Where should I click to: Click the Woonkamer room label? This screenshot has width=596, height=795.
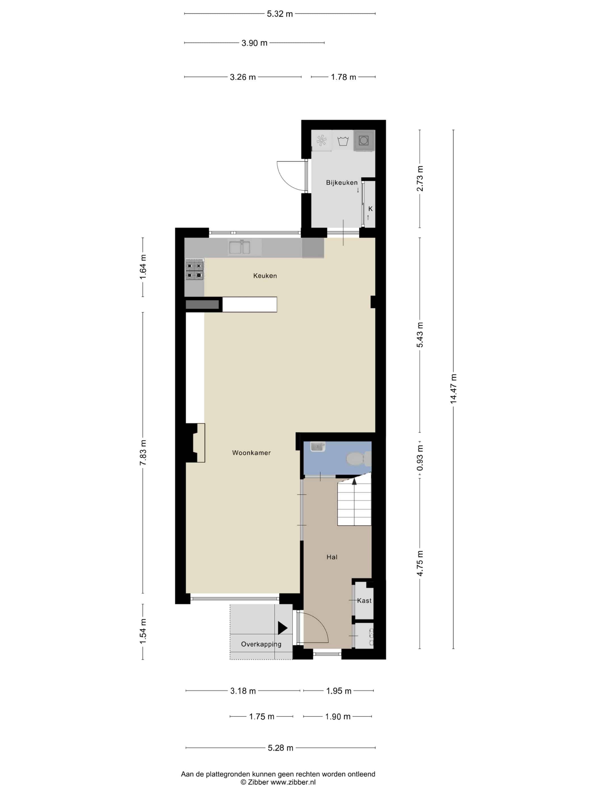click(251, 453)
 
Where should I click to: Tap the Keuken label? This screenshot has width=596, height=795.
click(265, 276)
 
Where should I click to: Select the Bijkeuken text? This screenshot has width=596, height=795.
click(342, 183)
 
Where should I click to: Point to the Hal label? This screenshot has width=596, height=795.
click(331, 557)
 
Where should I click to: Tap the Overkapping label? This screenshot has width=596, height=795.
click(261, 644)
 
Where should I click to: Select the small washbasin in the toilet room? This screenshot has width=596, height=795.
click(318, 446)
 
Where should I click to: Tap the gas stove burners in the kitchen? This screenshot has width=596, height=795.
click(194, 271)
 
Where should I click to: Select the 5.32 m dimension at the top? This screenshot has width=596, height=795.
click(280, 14)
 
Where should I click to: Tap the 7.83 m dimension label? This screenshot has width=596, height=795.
click(143, 453)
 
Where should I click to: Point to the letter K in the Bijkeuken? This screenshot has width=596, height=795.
click(370, 209)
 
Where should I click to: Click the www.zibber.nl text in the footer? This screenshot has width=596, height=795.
click(293, 782)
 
